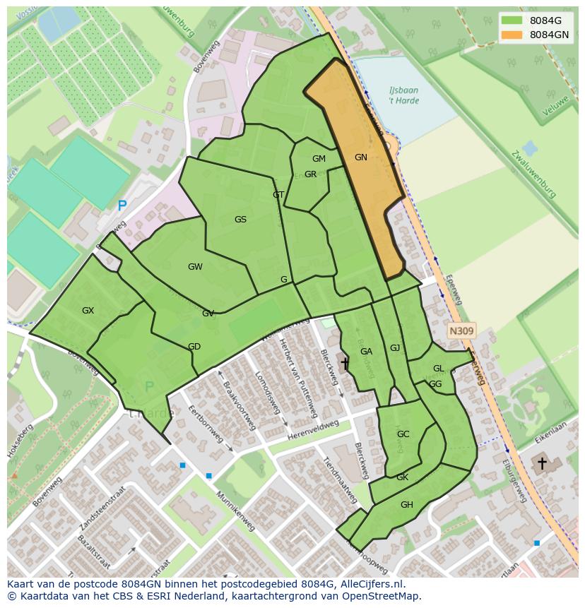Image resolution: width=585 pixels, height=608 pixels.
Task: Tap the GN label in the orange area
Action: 361,157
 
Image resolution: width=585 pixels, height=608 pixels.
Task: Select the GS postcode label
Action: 240,220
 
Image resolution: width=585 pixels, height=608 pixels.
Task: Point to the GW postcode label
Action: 195,267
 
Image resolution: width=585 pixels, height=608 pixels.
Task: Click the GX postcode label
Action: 88,311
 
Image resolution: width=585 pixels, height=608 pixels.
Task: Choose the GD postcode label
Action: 194,347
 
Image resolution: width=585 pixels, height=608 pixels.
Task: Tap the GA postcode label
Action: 366,352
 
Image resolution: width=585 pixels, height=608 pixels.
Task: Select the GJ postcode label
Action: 395,348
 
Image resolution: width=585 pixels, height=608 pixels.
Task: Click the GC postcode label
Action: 403,434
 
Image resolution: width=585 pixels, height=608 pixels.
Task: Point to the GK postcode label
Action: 402,477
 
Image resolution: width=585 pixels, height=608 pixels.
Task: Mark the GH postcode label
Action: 406,505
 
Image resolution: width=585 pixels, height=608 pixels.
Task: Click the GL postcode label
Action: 438,369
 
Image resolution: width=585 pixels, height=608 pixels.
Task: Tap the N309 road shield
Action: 461,330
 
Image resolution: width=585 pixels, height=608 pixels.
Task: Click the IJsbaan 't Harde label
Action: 403,96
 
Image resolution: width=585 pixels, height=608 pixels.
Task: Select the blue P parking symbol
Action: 122,206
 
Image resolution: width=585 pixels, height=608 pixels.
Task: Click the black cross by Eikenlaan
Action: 542,463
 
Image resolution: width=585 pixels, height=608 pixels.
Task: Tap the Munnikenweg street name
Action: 235,512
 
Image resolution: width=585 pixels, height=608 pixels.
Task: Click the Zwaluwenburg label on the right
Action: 535,174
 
